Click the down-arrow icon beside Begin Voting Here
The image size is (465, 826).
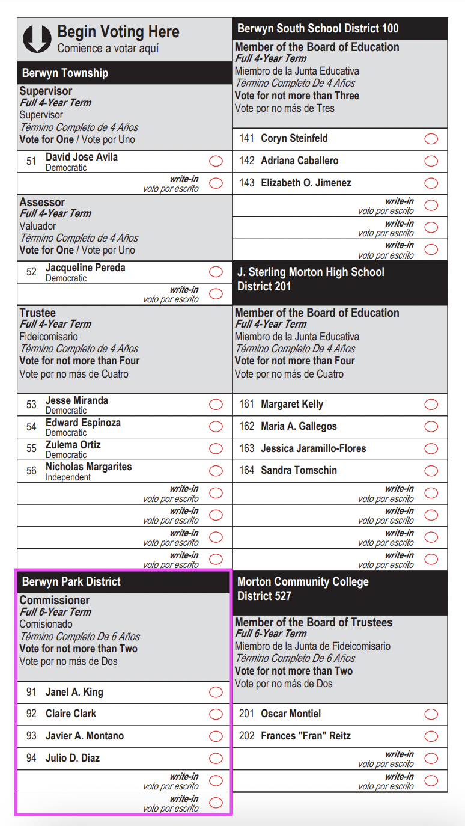point(37,38)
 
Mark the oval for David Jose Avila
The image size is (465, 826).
point(216,161)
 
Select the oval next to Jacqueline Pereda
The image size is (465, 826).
point(216,272)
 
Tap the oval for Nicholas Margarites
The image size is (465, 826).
point(216,471)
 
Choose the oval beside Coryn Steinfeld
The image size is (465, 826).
point(431,139)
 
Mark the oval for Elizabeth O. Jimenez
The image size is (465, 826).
point(431,183)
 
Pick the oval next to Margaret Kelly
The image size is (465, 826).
point(431,405)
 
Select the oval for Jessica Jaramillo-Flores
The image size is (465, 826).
point(431,448)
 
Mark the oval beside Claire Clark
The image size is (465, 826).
point(216,714)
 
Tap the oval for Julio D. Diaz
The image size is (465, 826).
point(216,759)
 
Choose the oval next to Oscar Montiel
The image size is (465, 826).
point(431,714)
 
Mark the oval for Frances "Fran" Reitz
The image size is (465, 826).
point(431,736)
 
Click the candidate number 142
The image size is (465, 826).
point(247,161)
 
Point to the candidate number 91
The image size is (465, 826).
point(31,692)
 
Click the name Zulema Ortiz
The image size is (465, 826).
point(73,445)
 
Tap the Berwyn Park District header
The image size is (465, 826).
point(71,581)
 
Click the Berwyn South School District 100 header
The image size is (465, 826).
point(318,28)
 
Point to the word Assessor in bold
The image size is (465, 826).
point(42,202)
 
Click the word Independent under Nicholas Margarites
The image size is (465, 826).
point(68,477)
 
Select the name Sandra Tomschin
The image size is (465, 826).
point(299,470)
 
